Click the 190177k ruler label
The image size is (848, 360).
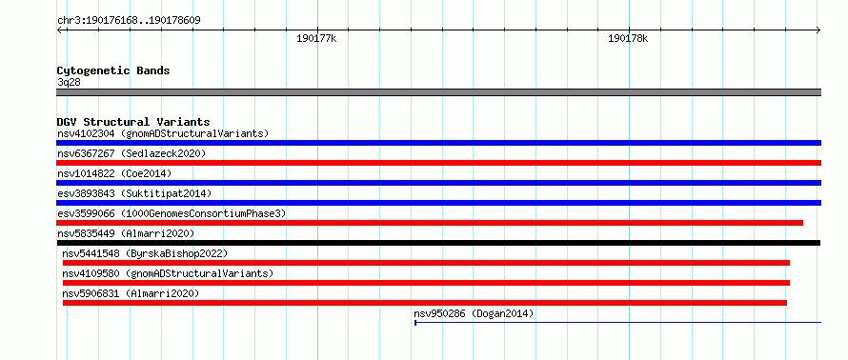(317, 39)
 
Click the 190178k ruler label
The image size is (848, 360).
(628, 39)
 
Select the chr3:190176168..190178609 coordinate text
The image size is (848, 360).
(130, 21)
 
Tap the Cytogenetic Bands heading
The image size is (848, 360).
(113, 70)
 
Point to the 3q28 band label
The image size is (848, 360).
(69, 83)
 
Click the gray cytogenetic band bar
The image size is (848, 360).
(438, 92)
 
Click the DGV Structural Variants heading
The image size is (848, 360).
(133, 122)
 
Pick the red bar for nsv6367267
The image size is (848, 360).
(438, 163)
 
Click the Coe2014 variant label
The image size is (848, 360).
(114, 173)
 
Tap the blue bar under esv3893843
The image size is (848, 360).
(438, 203)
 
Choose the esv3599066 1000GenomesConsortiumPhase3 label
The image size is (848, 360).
(172, 213)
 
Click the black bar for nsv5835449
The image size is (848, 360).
(438, 243)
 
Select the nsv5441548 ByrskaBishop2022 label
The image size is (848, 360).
(145, 253)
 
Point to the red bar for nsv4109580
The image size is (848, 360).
(426, 283)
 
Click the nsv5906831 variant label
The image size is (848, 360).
(131, 293)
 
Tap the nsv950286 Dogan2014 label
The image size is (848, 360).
(474, 313)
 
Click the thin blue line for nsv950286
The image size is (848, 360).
(618, 323)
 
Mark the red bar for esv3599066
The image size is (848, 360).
(430, 223)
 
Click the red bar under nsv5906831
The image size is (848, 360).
(425, 303)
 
